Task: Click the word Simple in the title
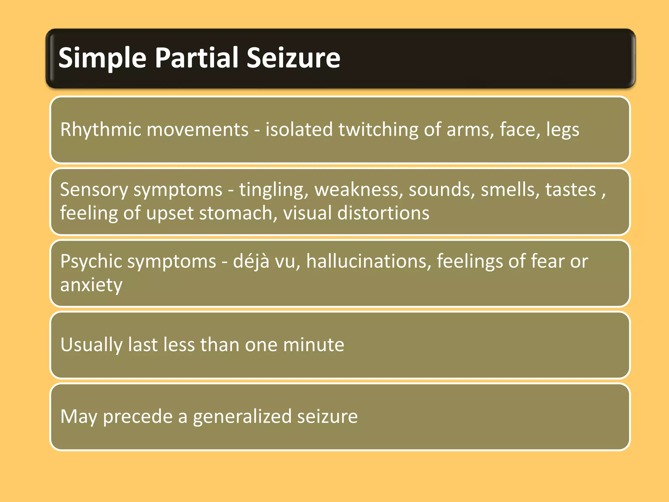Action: pyautogui.click(x=102, y=58)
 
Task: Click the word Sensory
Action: pyautogui.click(x=94, y=190)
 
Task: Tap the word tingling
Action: pyautogui.click(x=274, y=190)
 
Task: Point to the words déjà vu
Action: pyautogui.click(x=264, y=261)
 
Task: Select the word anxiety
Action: pyautogui.click(x=91, y=285)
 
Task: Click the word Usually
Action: pyautogui.click(x=91, y=345)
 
